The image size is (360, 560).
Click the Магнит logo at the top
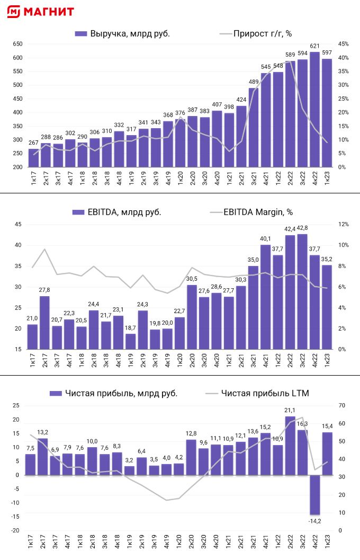(x=41, y=12)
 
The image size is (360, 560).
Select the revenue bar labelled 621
(x=314, y=109)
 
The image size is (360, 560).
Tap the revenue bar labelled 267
(x=32, y=158)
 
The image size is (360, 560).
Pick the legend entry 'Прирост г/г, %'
(x=256, y=34)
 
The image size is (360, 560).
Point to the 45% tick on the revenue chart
(x=343, y=44)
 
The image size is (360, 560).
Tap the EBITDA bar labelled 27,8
(x=44, y=322)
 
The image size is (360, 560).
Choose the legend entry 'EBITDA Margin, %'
(x=251, y=212)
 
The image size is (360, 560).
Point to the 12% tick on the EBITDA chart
(x=343, y=224)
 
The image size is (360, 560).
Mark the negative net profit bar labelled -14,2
(x=314, y=495)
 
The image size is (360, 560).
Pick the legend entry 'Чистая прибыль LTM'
(x=258, y=393)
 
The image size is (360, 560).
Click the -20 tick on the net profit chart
(x=15, y=531)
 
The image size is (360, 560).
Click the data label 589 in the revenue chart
(x=290, y=55)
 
